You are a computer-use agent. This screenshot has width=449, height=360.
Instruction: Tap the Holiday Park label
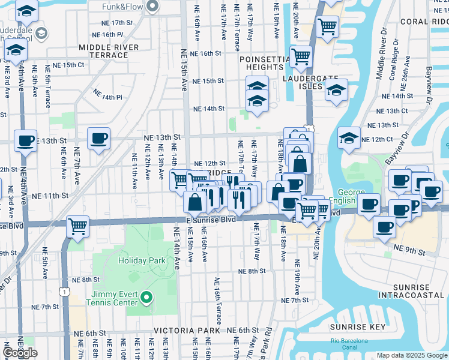pos(142,260)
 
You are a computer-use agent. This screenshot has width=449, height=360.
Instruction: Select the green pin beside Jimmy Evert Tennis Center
pos(146,297)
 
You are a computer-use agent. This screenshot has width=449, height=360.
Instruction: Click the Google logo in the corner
pos(20,353)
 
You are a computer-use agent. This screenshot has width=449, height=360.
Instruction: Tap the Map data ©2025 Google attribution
pos(412,355)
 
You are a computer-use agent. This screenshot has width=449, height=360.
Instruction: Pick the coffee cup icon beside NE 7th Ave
pos(98,139)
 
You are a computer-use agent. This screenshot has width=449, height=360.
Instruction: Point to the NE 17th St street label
pos(117,22)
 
